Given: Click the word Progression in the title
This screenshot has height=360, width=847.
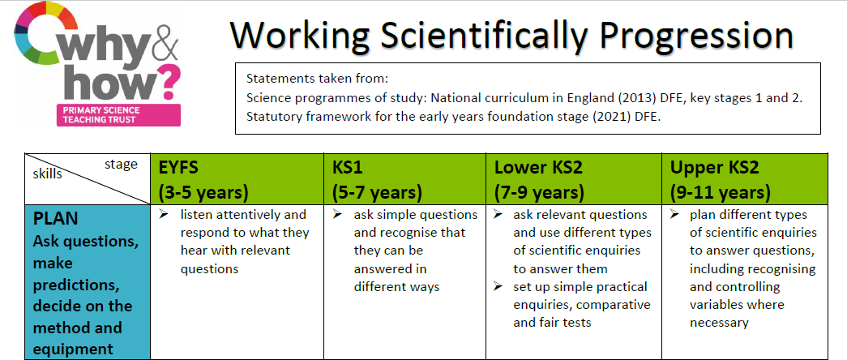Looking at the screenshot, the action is point(697,35).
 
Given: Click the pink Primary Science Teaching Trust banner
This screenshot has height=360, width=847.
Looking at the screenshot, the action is point(118,114).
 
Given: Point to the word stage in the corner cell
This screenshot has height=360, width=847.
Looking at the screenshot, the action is point(121,165).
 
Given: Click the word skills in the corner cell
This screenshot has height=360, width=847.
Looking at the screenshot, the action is point(48,174).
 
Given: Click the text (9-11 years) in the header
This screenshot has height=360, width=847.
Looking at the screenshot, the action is point(720,192).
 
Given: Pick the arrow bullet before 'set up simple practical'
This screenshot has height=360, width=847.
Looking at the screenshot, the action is point(498,286).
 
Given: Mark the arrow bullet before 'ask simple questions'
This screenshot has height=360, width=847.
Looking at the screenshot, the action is point(338,214).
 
